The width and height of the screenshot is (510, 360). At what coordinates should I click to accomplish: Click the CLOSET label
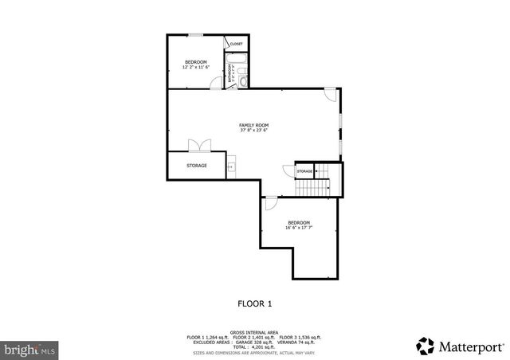[237, 44]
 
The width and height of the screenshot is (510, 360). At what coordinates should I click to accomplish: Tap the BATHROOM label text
[230, 74]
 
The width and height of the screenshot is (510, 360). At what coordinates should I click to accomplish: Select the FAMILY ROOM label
[254, 125]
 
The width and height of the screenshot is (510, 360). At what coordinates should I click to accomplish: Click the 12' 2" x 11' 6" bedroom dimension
[196, 68]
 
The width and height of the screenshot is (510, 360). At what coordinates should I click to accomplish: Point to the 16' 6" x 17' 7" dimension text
[299, 228]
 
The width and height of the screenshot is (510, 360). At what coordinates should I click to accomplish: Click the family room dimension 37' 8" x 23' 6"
[254, 131]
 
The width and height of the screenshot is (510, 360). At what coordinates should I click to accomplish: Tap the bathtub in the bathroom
[237, 59]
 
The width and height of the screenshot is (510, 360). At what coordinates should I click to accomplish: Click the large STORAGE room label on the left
[197, 166]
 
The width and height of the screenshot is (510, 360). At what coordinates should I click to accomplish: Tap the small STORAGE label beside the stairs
[304, 171]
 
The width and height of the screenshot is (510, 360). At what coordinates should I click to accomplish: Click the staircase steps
[314, 188]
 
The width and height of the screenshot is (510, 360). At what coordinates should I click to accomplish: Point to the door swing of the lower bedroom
[271, 202]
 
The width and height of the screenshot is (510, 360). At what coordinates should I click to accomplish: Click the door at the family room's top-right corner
[330, 96]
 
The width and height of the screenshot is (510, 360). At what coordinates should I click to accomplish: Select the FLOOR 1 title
[255, 303]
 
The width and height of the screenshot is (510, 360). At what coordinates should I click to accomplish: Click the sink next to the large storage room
[230, 166]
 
